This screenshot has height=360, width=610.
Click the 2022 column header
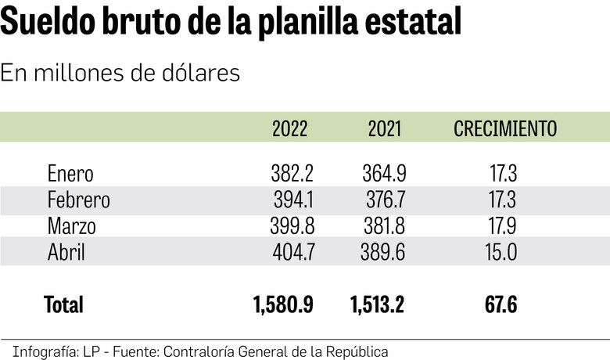289,129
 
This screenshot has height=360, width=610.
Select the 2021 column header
384,129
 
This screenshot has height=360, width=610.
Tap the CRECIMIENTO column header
505,129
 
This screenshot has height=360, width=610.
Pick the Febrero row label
78,200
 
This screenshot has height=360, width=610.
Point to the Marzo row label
71,226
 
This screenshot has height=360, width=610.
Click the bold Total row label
63,304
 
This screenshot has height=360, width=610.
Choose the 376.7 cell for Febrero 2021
384,200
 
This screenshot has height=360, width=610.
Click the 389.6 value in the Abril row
384,252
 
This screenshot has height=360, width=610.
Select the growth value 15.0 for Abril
501,252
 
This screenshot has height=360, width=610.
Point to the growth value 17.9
501,226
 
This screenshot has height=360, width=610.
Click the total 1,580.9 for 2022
283,304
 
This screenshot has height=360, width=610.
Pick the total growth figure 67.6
501,304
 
